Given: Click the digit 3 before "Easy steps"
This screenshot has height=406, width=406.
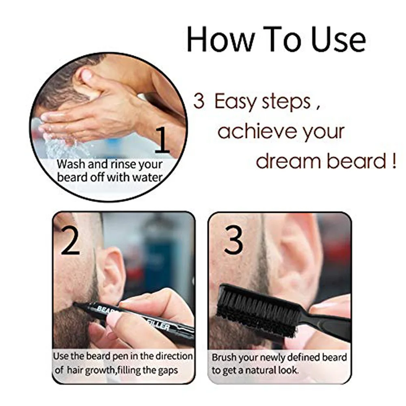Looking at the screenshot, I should tap(199, 101).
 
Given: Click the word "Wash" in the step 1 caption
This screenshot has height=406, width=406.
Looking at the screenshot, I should tap(71, 164).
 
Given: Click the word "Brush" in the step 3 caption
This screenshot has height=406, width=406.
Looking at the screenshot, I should tap(225, 358).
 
